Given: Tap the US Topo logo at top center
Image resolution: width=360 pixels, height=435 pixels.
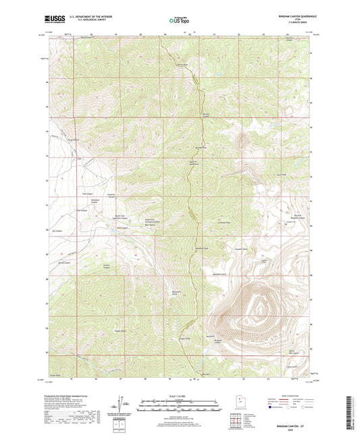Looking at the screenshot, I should click(178, 21).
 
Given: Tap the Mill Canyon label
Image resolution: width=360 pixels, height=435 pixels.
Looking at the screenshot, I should click(122, 228).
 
